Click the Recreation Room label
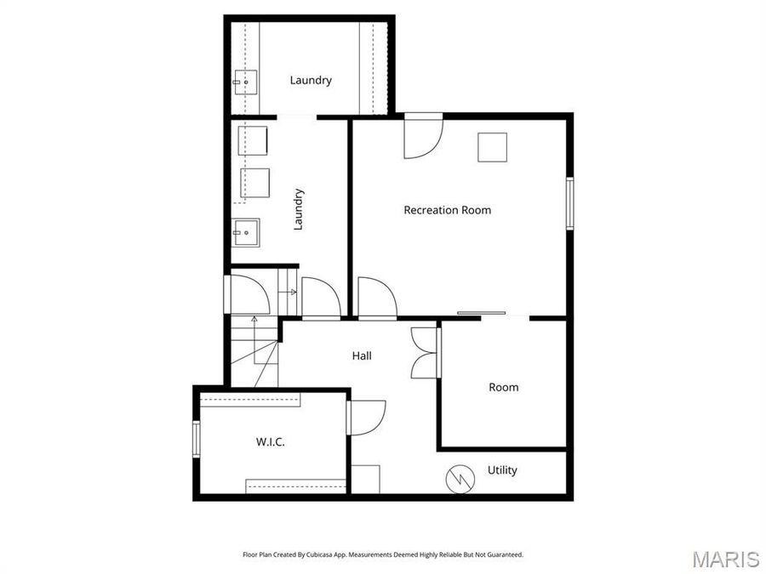click(447, 210)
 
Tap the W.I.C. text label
click(270, 442)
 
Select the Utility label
click(501, 470)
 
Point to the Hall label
click(362, 356)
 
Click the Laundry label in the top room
click(311, 81)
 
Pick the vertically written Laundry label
click(298, 209)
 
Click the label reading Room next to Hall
click(503, 387)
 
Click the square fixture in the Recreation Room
click(492, 147)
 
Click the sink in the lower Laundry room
click(246, 230)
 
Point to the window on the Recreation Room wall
click(570, 202)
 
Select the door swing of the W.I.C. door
click(366, 418)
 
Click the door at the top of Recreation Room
click(422, 136)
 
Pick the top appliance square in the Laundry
click(252, 139)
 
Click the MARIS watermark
click(725, 559)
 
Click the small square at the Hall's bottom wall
click(365, 479)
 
